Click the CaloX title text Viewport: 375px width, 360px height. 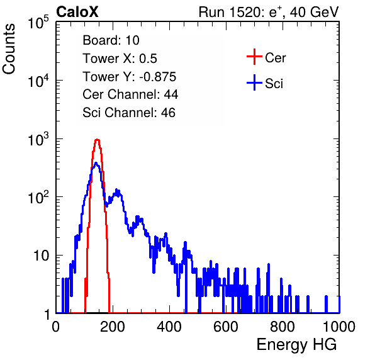pos(77,12)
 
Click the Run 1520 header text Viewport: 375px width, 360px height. pos(269,12)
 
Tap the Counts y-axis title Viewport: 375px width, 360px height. pos(9,49)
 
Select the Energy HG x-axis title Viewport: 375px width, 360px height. pos(296,345)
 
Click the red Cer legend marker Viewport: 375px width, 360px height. pos(254,57)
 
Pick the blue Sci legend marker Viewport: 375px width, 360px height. pos(254,83)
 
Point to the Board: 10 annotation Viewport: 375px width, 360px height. pos(111,40)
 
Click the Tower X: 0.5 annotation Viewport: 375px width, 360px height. pos(120,59)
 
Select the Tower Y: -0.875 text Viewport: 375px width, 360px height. pos(129,77)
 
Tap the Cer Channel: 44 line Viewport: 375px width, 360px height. pos(130,94)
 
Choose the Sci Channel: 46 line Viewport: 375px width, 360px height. pos(128,113)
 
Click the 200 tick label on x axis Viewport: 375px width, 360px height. pos(113,327)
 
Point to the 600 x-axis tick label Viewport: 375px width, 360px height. pos(226,327)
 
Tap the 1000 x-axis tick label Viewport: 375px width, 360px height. pos(339,327)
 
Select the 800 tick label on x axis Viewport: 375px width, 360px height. pos(283,327)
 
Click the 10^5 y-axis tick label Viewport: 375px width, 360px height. pos(38,22)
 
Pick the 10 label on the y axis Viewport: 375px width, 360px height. pos(41,256)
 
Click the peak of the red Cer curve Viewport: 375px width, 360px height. pos(97,140)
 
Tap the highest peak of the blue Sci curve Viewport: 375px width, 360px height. pos(96,163)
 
